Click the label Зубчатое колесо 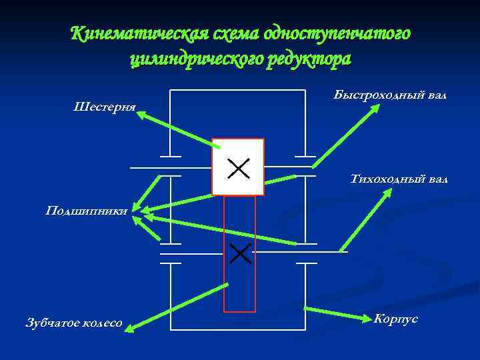tap(74, 323)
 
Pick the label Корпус tap(396, 319)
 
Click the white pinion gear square tap(238, 167)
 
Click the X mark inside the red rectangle tap(239, 253)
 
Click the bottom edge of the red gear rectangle tap(239, 311)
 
